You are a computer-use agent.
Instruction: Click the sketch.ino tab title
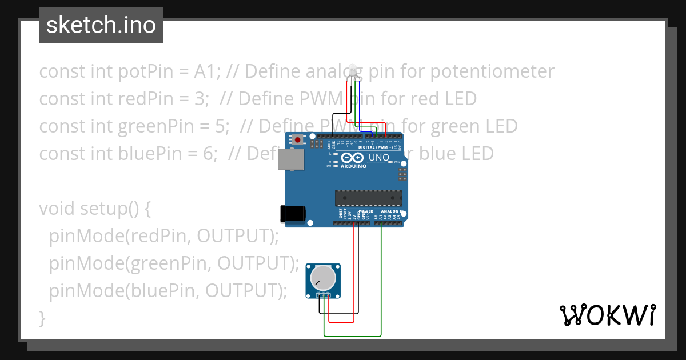tap(101, 25)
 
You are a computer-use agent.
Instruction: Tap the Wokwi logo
tap(607, 315)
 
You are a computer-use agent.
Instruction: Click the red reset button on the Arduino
tap(298, 139)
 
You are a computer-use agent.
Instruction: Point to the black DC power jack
tap(292, 214)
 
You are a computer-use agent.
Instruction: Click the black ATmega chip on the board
tap(368, 198)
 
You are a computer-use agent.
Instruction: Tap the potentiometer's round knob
tap(322, 278)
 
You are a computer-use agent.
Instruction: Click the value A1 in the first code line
tap(205, 72)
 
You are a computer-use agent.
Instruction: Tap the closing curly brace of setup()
tap(42, 317)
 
